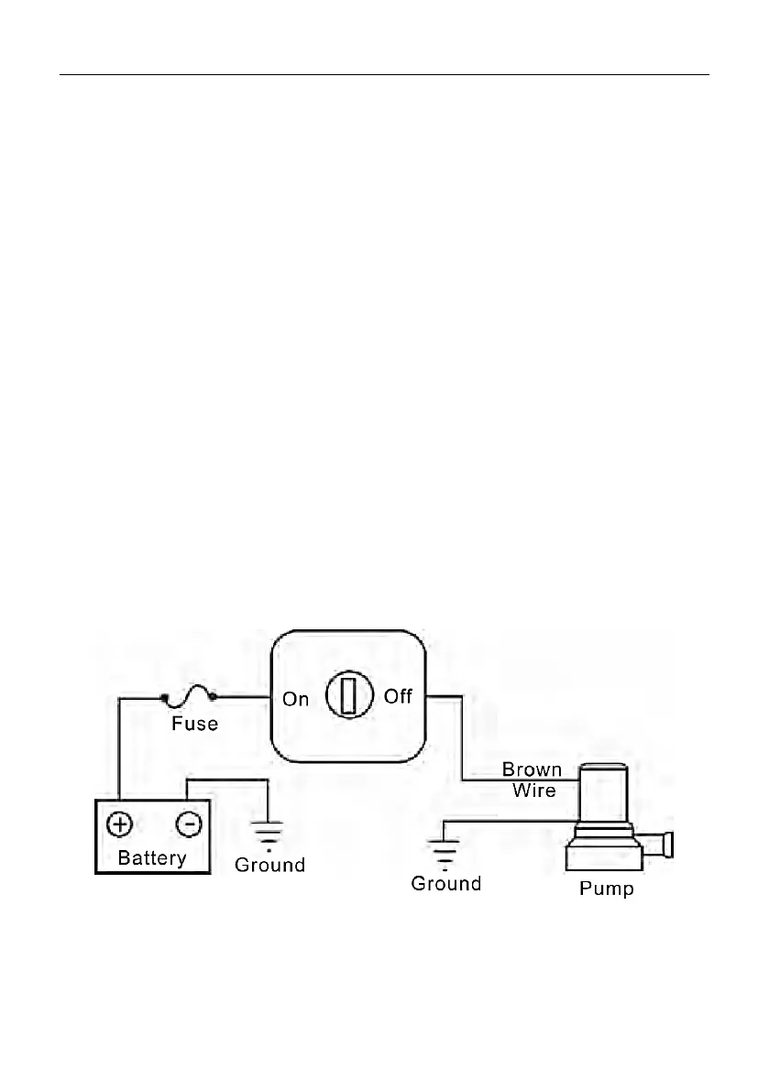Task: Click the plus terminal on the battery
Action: pos(119,824)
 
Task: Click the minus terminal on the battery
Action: pos(188,824)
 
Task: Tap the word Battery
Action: pos(152,858)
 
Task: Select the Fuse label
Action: pos(194,724)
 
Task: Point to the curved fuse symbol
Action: pos(188,700)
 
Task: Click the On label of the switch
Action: pos(295,699)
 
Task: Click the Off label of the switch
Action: pos(399,696)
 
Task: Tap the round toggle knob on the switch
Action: pos(347,696)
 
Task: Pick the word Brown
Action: pos(532,770)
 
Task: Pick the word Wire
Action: pos(533,790)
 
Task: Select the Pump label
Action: pos(606,889)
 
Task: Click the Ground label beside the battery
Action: pos(269,865)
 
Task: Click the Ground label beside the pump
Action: pos(445,884)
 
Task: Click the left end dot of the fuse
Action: pos(166,698)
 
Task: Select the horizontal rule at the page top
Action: pos(385,75)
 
